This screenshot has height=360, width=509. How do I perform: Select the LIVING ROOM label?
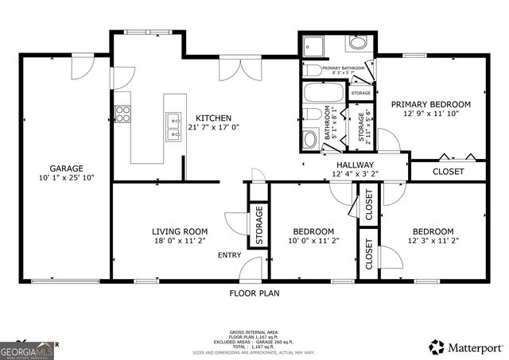[x=180, y=231]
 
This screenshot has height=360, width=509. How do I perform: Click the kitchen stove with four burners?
[x=122, y=114]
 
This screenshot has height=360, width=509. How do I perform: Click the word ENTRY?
[x=230, y=255]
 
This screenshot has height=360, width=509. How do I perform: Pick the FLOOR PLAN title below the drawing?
[x=254, y=292]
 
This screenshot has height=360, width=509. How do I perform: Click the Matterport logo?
[x=466, y=347]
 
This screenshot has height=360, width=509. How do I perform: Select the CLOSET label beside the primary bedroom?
[x=448, y=171]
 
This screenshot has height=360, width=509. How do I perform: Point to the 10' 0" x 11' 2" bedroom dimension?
[x=313, y=241]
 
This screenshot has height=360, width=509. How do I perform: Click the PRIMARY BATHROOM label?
[x=344, y=68]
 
